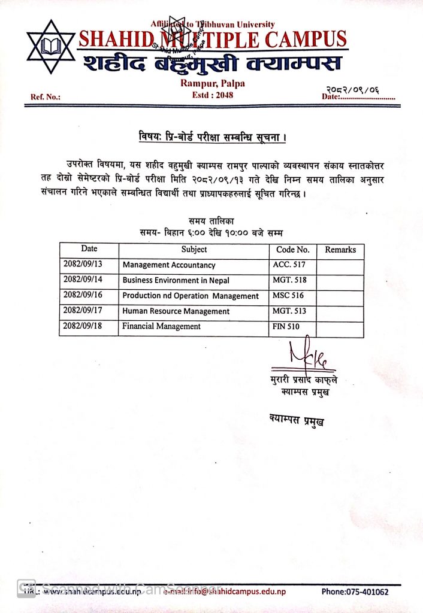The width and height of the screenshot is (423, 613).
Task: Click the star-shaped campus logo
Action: (51, 47)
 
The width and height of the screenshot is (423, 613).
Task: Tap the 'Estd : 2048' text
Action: (213, 95)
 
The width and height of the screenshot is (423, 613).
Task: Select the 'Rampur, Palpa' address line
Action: (213, 83)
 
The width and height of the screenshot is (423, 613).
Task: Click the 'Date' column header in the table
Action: (89, 249)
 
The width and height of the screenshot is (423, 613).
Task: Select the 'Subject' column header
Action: (194, 250)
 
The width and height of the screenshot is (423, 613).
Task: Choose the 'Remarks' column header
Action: (340, 250)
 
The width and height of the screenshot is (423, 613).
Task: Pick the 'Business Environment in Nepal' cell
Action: (176, 280)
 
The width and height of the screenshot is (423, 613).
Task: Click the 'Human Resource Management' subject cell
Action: (176, 311)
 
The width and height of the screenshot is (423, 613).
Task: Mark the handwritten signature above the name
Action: (305, 356)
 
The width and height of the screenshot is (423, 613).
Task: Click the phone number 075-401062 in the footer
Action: (355, 592)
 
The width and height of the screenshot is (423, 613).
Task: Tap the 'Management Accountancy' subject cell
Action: (168, 265)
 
